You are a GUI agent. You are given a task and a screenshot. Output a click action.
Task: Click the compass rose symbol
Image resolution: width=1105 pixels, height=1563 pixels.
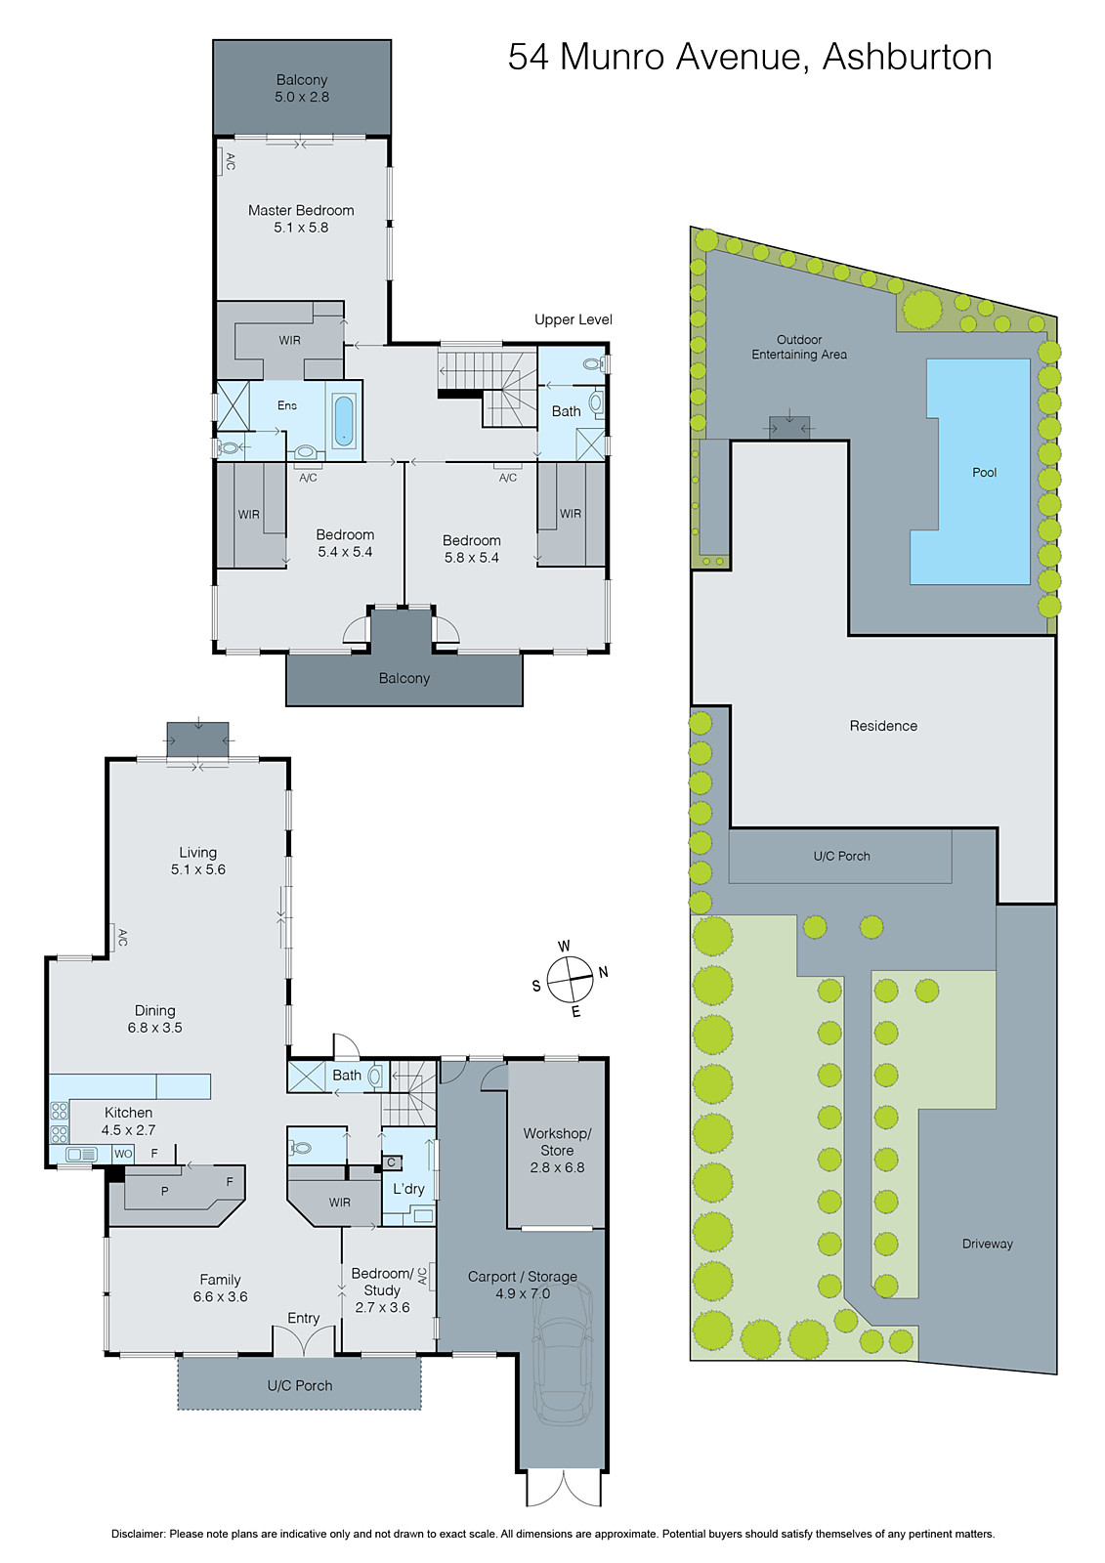click(x=571, y=979)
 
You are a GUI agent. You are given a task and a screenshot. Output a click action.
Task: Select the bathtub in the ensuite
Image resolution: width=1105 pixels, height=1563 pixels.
click(x=345, y=421)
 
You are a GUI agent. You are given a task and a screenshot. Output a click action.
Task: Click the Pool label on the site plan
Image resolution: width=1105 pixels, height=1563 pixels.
click(x=984, y=473)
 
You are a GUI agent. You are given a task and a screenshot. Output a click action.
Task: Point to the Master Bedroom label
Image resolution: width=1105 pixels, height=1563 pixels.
click(x=301, y=211)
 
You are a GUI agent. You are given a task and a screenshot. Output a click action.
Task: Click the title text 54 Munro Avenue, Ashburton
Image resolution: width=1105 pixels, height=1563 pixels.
click(x=749, y=58)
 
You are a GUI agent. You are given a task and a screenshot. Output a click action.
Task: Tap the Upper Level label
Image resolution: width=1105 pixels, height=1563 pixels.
click(x=574, y=319)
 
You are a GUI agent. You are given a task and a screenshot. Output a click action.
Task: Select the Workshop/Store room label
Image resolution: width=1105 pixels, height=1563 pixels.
click(x=557, y=1142)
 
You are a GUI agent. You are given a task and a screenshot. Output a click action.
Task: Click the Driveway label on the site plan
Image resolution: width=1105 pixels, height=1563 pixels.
click(x=987, y=1244)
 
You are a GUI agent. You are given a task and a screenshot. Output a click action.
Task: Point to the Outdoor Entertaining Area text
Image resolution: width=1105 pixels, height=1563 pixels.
click(x=799, y=348)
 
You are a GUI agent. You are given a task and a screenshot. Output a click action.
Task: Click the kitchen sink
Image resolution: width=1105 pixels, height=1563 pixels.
click(x=80, y=1155)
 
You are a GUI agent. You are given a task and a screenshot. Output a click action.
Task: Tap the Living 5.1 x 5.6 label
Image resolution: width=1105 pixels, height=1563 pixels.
click(x=198, y=861)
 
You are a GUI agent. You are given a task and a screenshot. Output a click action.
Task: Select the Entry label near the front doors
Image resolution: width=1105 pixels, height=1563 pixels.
click(x=304, y=1318)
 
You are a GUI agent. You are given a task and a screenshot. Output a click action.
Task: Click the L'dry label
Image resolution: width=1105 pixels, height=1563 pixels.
click(x=408, y=1189)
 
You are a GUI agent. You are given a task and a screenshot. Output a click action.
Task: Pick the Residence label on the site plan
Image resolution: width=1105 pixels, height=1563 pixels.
click(x=883, y=726)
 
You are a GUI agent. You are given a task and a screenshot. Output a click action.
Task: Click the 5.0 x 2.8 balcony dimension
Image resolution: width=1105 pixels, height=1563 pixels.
click(x=302, y=97)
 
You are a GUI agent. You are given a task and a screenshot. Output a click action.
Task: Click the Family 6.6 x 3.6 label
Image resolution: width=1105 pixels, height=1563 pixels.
click(x=220, y=1288)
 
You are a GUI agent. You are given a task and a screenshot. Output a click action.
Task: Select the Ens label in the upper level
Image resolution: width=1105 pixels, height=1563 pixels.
click(x=286, y=405)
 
